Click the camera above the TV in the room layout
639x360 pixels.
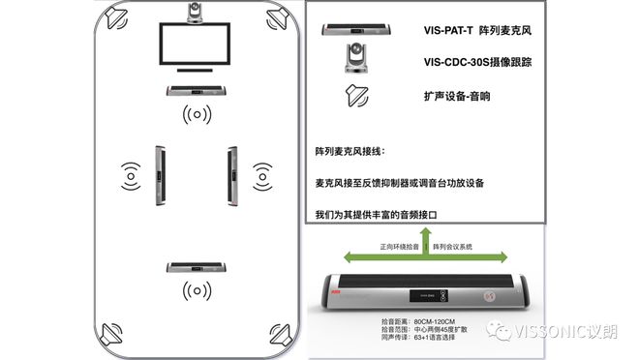pos(198,13)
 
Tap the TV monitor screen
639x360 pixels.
pos(198,45)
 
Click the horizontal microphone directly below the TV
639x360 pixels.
pos(198,91)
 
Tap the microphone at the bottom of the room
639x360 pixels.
pos(198,266)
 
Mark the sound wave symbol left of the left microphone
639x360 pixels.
pos(130,176)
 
